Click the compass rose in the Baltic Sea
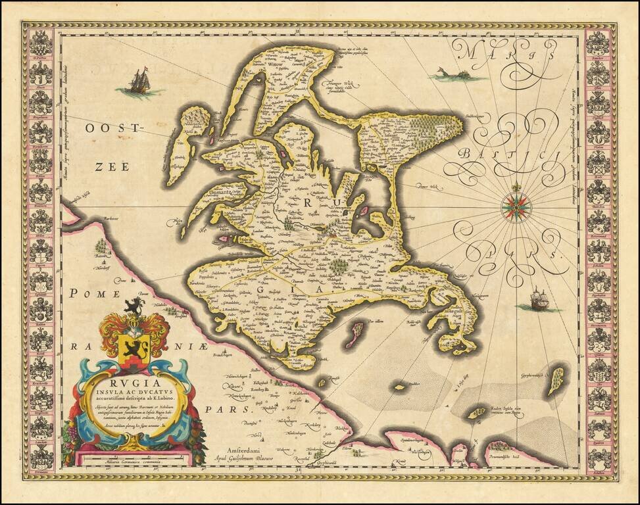click(516, 206)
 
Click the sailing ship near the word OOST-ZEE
click(136, 82)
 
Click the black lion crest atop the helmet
click(134, 305)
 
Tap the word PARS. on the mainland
click(238, 408)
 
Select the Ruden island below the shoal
click(476, 413)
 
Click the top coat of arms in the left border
click(40, 43)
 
